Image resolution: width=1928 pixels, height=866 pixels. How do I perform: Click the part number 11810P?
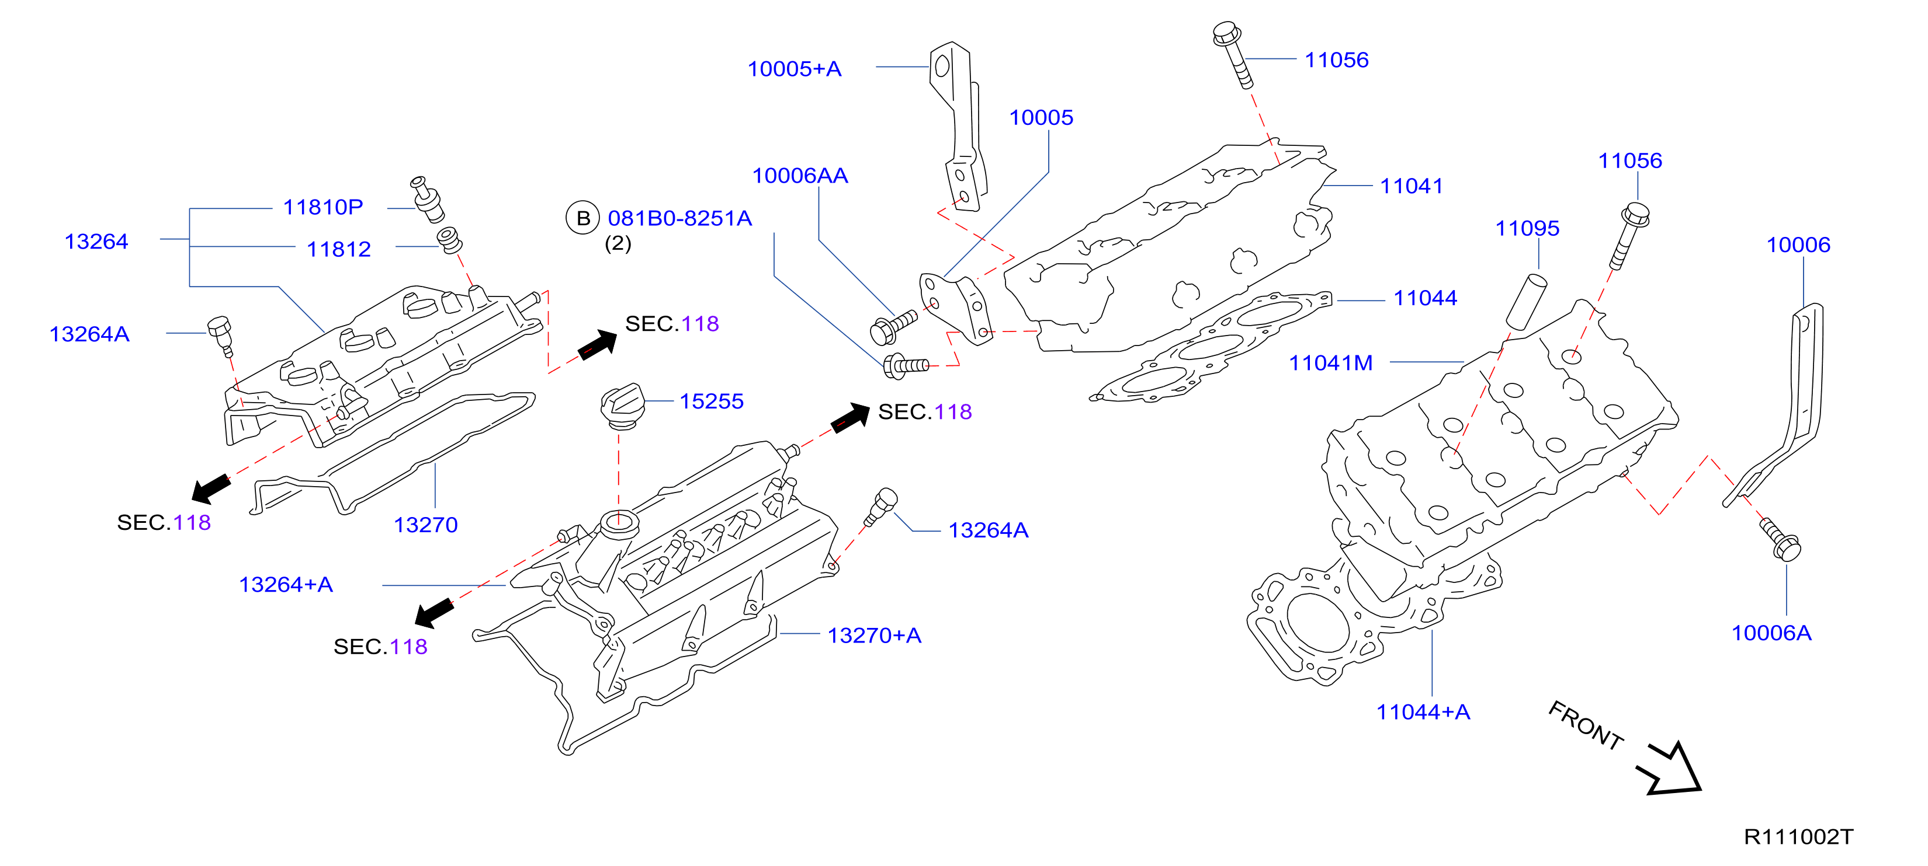[323, 207]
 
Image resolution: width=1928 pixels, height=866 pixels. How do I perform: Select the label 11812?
[338, 249]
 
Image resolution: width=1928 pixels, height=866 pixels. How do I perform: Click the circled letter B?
[582, 218]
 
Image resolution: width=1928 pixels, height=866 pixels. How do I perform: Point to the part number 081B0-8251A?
[679, 218]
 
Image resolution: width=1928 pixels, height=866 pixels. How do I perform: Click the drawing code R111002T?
[1798, 837]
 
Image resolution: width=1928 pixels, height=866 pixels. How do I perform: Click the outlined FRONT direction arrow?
[1670, 769]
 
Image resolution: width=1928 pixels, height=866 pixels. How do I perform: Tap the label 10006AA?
[800, 176]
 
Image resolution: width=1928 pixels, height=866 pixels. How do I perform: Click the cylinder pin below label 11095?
[1526, 301]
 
